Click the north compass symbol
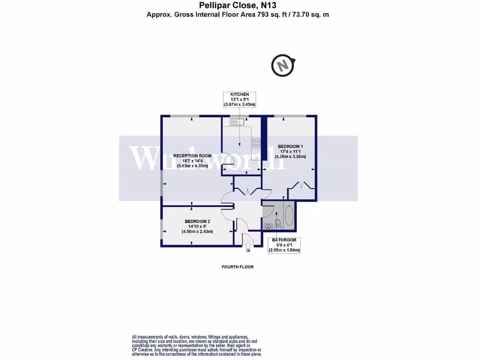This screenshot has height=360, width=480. pos(282,66)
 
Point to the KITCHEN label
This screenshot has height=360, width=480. pos(239,94)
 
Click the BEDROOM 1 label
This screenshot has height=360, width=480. pos(290,145)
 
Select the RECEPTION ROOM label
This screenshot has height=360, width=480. pos(192,156)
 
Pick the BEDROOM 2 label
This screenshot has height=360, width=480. pos(197,221)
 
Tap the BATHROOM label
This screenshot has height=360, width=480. pos(284,240)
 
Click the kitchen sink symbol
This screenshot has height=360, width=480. pos(234,122)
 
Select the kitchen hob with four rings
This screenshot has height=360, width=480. pos(256,142)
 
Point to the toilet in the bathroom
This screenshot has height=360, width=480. pos(278,222)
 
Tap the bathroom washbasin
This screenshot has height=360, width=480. pos(268,226)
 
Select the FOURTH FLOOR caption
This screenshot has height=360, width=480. pos(238,267)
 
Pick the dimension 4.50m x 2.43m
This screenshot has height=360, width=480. pos(197,232)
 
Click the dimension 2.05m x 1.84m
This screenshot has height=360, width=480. pos(284,250)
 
